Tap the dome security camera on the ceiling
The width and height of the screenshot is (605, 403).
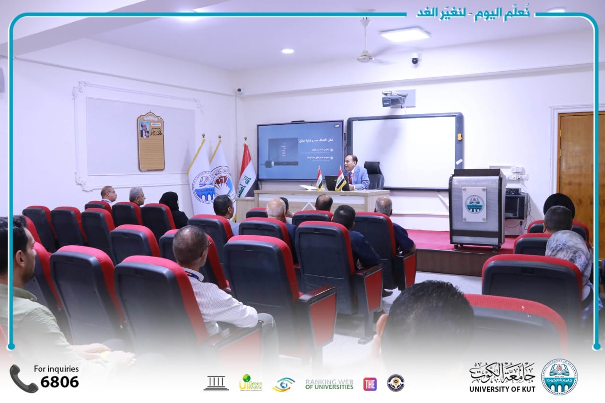pos(415,58)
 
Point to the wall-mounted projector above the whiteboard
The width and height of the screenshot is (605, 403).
pos(395,99)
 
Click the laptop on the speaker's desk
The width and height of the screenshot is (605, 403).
pos(331,182)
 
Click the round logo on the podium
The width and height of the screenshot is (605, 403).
pos(474,204)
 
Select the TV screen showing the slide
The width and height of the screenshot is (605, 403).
pos(300,150)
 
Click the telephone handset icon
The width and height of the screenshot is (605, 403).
pos(23,378)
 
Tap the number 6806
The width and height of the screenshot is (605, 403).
pos(60,382)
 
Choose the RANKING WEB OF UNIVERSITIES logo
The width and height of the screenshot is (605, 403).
pos(329,384)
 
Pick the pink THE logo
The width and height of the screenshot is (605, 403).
pos(370,384)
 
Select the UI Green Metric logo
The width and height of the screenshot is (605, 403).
pos(250,383)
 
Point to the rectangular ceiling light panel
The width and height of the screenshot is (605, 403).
pos(405,34)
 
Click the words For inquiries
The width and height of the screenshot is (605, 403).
pos(56,369)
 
